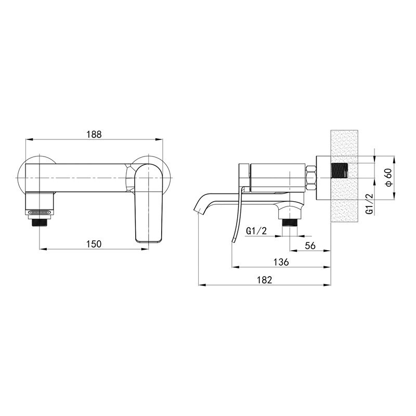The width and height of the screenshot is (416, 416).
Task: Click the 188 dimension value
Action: tap(94, 134)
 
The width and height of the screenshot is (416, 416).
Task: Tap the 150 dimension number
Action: tap(94, 244)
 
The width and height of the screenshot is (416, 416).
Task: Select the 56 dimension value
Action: tap(310, 245)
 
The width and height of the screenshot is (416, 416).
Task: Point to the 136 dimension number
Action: tap(281, 262)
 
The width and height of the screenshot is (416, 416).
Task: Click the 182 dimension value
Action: tap(265, 280)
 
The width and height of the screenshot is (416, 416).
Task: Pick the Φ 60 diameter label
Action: tap(388, 177)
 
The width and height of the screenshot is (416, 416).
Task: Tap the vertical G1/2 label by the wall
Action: tap(369, 204)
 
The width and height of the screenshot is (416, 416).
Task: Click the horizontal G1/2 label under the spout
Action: tap(256, 231)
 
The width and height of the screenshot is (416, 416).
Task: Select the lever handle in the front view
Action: tap(148, 203)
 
